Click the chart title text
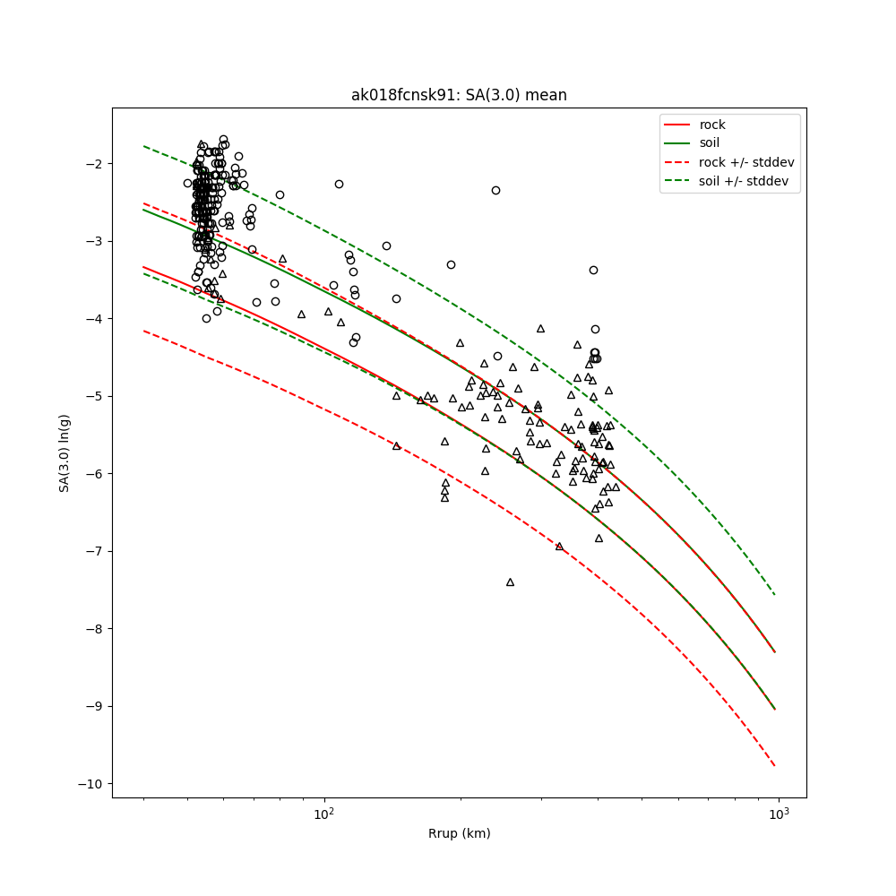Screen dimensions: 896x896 pos(459,95)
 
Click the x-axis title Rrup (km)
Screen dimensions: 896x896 pos(459,833)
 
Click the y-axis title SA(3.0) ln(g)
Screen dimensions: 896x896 pos(64,452)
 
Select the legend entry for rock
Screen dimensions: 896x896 pos(712,125)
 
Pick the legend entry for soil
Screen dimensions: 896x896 pos(709,142)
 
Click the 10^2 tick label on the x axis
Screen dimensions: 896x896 pos(324,813)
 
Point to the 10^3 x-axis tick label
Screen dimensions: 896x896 pos(779,813)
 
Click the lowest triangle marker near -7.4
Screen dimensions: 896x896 pos(510,582)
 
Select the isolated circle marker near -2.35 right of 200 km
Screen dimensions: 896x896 pos(495,190)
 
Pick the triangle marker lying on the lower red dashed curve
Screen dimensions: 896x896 pos(559,546)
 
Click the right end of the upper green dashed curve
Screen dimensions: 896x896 pos(775,595)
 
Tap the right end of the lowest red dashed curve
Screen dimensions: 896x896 pos(775,766)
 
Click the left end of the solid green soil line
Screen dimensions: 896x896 pos(143,209)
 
